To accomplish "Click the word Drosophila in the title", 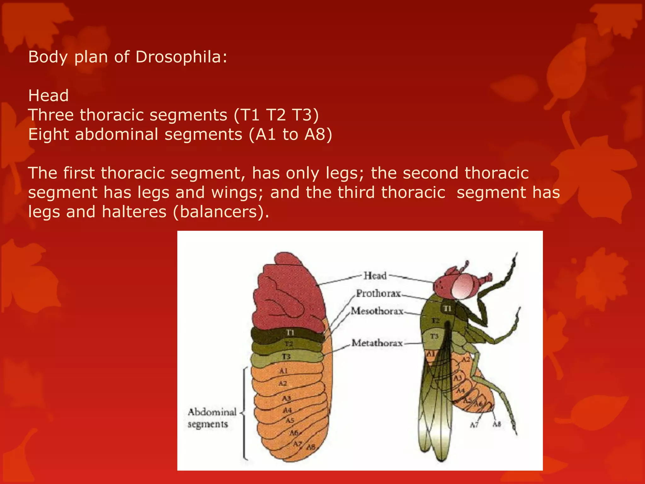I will click(x=181, y=57).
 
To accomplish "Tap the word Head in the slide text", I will click(x=48, y=95).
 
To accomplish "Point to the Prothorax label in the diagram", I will click(x=378, y=293).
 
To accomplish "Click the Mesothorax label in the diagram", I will click(x=377, y=311).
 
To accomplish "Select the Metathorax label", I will click(x=377, y=343).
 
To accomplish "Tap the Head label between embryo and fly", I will click(x=375, y=276).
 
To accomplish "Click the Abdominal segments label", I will click(x=212, y=418).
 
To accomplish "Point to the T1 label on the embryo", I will click(x=290, y=332).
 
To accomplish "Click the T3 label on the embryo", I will click(x=286, y=357).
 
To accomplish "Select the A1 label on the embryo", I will click(x=283, y=371).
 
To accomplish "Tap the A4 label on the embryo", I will click(x=287, y=410).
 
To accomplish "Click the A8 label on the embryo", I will click(x=311, y=447).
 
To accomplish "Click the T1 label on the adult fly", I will click(x=448, y=308).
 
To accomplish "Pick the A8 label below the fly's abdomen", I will click(x=497, y=424).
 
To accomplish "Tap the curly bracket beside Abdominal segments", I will click(x=243, y=413).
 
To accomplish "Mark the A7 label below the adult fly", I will click(x=474, y=425).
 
